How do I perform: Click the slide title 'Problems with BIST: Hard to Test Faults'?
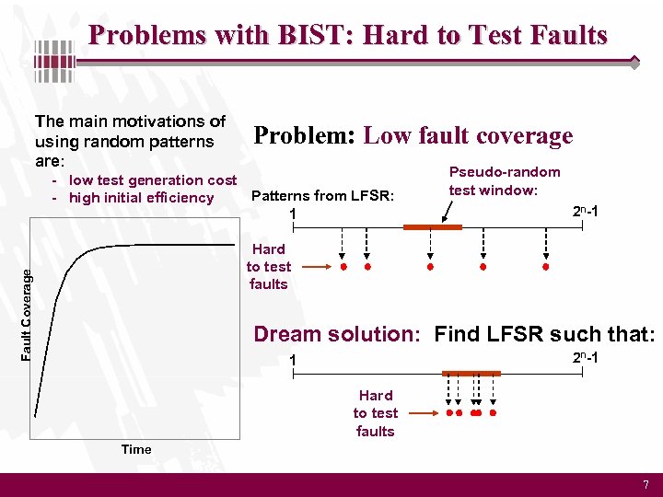[x=348, y=35]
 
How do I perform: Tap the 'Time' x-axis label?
[x=136, y=449]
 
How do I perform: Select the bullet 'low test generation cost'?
[x=153, y=180]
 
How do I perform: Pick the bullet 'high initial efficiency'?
[x=141, y=198]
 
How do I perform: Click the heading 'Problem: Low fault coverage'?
[x=413, y=136]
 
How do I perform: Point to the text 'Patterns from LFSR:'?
[x=322, y=195]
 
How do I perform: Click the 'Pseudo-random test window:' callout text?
[x=504, y=180]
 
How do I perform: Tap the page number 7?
[x=646, y=484]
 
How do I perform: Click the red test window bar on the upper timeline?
[x=432, y=226]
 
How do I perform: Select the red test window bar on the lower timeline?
[x=471, y=373]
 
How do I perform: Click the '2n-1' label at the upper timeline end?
[x=586, y=212]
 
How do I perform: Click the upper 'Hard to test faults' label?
[x=268, y=266]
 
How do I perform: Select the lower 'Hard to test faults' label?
[x=375, y=413]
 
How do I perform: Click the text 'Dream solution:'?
[x=339, y=334]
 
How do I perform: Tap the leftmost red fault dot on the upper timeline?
[x=343, y=267]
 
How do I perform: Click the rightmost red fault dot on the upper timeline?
[x=545, y=267]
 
